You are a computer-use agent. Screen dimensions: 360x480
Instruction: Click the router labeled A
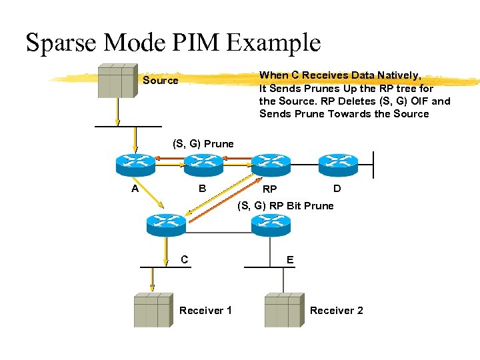(135, 163)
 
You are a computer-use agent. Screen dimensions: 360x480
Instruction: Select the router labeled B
(203, 163)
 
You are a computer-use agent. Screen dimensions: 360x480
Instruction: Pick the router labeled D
(338, 163)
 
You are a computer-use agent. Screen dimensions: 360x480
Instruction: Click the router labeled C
(166, 225)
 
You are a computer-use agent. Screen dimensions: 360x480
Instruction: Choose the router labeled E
(271, 225)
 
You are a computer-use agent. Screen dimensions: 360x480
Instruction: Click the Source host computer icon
(117, 81)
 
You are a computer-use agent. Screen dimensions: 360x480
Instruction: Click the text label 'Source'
(161, 81)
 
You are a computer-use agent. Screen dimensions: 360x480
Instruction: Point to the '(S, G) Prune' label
(203, 143)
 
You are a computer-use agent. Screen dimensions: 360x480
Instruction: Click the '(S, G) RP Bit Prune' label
(285, 205)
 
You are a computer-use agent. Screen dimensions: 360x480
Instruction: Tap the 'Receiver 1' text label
(205, 311)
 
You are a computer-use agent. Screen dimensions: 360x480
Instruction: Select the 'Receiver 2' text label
(336, 311)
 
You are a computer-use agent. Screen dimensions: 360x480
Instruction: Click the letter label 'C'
(184, 259)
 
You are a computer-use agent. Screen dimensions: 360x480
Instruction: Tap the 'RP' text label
(269, 190)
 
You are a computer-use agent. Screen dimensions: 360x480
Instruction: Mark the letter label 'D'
(337, 189)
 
